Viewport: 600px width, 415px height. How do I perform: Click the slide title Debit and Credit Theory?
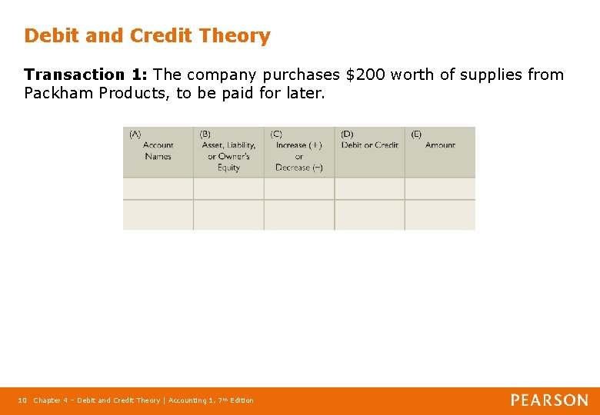coord(147,36)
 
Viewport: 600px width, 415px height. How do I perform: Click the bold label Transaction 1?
coord(85,75)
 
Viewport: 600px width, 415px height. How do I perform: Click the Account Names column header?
coord(158,151)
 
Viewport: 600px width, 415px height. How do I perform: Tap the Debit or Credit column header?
coord(369,145)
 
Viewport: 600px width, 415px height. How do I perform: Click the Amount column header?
coord(440,145)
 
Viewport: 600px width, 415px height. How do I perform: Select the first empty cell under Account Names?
coord(158,188)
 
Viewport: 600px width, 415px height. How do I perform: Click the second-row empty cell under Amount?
coord(440,214)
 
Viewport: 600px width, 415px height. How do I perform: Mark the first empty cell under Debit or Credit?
coord(369,188)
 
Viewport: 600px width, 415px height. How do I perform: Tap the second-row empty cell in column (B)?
coord(228,214)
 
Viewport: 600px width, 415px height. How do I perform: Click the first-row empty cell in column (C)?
coord(298,188)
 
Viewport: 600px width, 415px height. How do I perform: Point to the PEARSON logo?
coord(549,400)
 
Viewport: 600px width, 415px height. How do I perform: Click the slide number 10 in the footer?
coord(22,400)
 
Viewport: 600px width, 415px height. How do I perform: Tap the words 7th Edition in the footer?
coord(235,400)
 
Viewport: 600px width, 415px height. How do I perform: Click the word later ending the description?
coord(305,93)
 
